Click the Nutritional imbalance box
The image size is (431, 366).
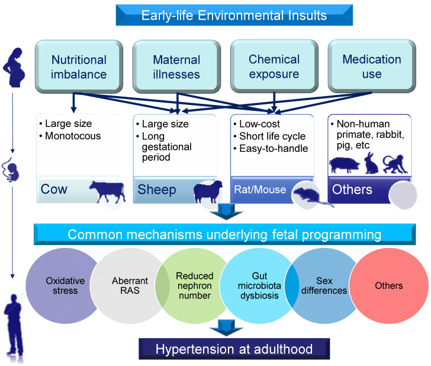(79, 66)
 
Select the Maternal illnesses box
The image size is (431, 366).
(176, 66)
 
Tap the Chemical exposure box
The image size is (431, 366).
(274, 66)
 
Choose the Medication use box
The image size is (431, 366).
(372, 66)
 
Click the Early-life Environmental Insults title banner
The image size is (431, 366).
(234, 15)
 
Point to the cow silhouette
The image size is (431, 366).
(108, 191)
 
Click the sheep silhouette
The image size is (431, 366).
(208, 192)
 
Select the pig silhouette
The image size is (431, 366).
(345, 165)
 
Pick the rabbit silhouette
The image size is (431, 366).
(371, 163)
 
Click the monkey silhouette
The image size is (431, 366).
(395, 164)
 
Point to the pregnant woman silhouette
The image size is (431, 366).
(14, 68)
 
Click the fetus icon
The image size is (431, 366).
(11, 170)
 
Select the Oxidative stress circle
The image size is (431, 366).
(63, 285)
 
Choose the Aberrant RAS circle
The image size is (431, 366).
(129, 285)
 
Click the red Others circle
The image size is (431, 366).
(388, 285)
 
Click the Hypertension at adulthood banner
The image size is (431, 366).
(234, 349)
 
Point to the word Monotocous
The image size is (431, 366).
(73, 136)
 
